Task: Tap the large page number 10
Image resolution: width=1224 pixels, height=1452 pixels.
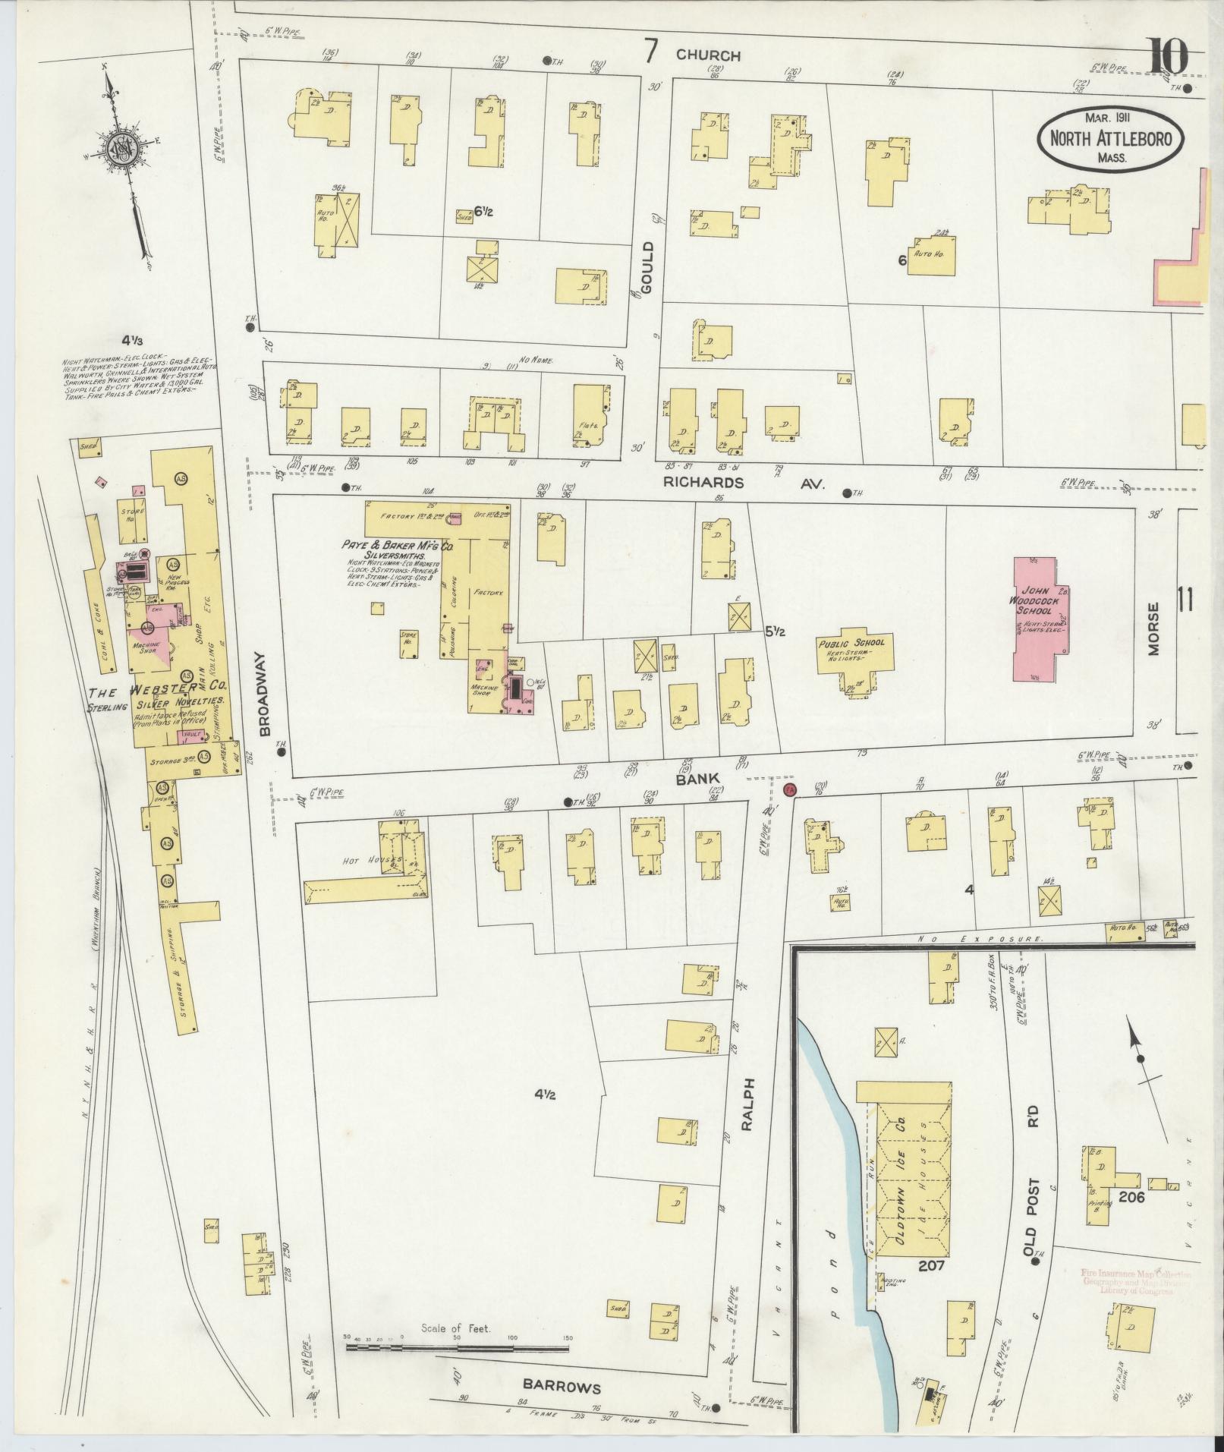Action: (x=1166, y=57)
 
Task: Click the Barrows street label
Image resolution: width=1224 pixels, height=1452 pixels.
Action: (x=562, y=1387)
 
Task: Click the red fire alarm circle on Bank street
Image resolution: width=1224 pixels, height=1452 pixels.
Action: (x=789, y=790)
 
